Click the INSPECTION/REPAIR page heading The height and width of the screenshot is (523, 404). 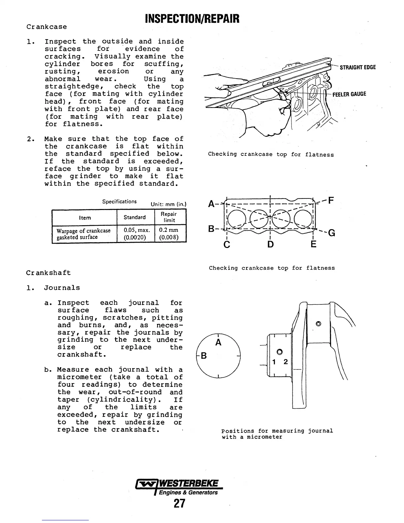tap(192, 19)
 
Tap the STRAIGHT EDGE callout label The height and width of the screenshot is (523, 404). tap(357, 68)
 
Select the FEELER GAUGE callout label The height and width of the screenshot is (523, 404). tap(349, 94)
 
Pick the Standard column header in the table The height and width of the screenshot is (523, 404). tap(135, 217)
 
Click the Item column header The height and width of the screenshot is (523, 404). tap(85, 218)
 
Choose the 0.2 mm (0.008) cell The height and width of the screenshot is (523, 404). tap(169, 233)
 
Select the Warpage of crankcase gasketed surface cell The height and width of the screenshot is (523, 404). tap(84, 234)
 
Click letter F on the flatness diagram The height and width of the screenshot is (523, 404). tap(331, 200)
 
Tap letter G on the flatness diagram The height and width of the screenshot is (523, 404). tap(332, 233)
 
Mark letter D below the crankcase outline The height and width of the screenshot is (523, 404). tap(271, 244)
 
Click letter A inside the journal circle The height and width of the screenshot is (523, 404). tap(218, 342)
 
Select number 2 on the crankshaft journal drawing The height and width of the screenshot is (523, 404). tap(286, 362)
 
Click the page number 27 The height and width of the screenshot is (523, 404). tap(180, 504)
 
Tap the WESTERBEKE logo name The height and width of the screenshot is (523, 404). tap(188, 484)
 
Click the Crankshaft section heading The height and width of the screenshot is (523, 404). tap(49, 273)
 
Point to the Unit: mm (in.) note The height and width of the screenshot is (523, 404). tap(169, 204)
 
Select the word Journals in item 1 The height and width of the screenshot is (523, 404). tap(62, 288)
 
